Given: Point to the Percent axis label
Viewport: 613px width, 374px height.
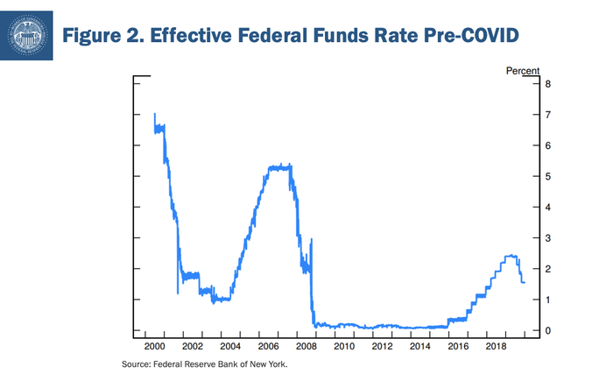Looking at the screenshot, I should [x=524, y=69].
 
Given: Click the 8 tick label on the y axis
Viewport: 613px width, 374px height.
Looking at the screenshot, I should [x=547, y=84].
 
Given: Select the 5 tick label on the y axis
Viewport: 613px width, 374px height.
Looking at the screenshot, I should [x=547, y=177].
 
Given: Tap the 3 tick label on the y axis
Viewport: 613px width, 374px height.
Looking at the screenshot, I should [x=547, y=238].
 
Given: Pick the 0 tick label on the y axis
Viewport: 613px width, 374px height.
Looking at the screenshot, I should [x=547, y=330].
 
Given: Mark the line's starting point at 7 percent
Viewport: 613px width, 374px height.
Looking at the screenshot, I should [x=154, y=115].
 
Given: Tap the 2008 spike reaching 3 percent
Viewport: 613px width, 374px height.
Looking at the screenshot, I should [x=312, y=239].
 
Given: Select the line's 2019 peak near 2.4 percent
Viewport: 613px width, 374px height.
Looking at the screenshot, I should [x=511, y=257].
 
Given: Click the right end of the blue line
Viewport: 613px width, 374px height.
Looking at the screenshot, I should [x=524, y=282].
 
